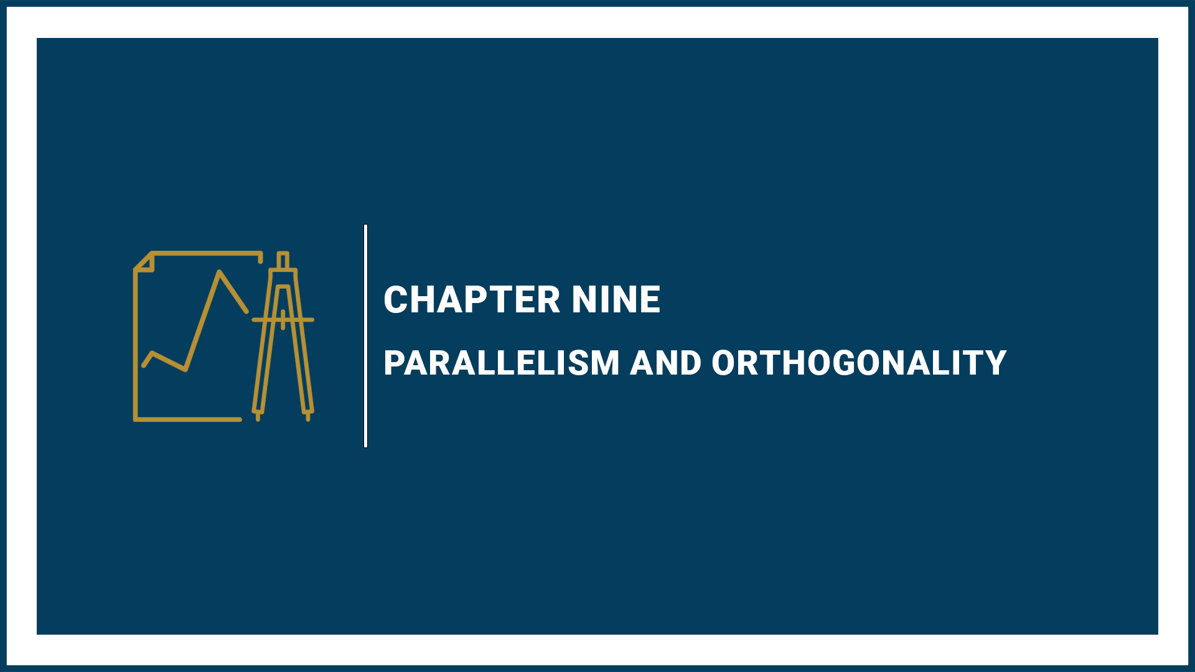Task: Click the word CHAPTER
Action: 472,300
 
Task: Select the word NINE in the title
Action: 616,300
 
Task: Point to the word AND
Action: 665,363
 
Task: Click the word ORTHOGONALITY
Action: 859,363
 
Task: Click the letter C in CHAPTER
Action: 396,300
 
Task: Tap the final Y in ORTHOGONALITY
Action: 995,363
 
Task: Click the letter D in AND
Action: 690,363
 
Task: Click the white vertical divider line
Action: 366,336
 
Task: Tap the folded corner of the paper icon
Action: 145,263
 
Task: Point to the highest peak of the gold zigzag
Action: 219,272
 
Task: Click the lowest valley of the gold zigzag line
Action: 185,370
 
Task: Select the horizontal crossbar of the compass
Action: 283,320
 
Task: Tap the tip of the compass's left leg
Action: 258,418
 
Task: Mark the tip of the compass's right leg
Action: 308,418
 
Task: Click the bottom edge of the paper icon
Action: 187,419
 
